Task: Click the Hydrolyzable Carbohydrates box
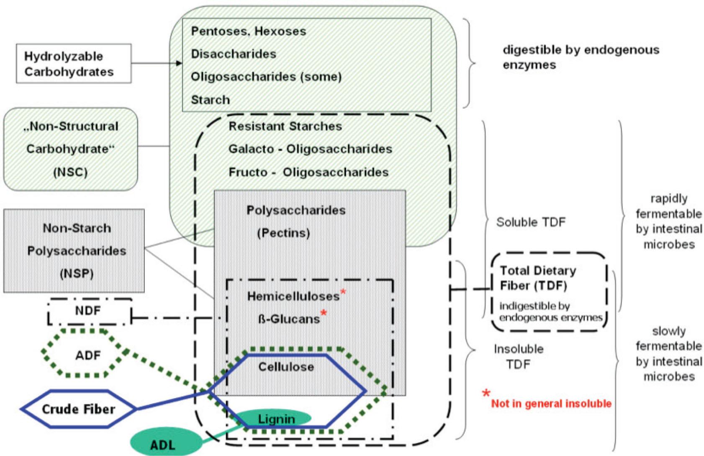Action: point(74,64)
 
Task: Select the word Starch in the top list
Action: point(210,100)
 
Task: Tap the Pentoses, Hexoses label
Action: point(248,31)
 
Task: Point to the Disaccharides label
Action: point(234,54)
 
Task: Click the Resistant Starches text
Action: point(285,126)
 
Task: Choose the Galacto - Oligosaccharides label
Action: point(310,149)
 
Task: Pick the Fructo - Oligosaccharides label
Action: point(308,172)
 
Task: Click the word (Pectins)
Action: point(283,233)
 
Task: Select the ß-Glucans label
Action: point(289,319)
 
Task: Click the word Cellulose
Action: point(286,367)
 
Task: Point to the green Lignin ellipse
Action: point(276,418)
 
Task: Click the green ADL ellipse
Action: point(162,444)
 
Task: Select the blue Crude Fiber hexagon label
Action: point(78,409)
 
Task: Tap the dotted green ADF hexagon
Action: point(88,355)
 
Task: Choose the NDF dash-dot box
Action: point(88,311)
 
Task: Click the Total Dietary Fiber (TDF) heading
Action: point(538,278)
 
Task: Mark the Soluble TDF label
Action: point(530,222)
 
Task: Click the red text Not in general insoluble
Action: point(551,404)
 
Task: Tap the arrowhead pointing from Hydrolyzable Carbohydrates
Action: point(180,63)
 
